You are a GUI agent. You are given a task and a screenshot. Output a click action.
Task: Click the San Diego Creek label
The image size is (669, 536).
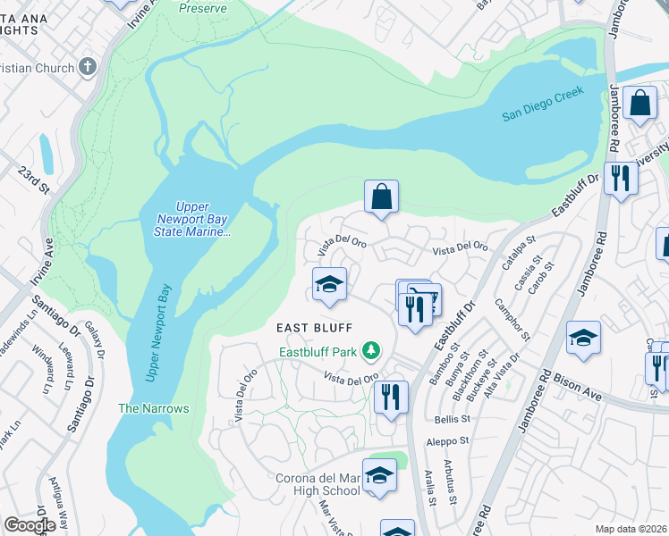542,103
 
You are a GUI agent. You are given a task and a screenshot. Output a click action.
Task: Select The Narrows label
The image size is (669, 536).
154,408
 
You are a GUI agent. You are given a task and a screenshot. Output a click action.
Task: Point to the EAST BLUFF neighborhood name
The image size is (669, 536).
313,328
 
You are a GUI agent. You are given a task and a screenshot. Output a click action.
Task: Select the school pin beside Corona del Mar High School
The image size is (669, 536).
379,475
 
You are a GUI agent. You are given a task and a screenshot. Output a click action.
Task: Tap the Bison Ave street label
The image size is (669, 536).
584,388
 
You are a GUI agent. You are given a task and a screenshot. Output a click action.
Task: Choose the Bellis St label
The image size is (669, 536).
453,418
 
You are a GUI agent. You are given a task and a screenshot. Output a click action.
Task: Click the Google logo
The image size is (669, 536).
30,524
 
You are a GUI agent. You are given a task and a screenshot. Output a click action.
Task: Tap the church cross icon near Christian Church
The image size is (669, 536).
88,67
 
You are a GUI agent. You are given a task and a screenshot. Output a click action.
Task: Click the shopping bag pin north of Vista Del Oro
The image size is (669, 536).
381,197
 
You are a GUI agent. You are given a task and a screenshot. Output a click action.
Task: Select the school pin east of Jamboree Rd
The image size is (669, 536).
583,338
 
